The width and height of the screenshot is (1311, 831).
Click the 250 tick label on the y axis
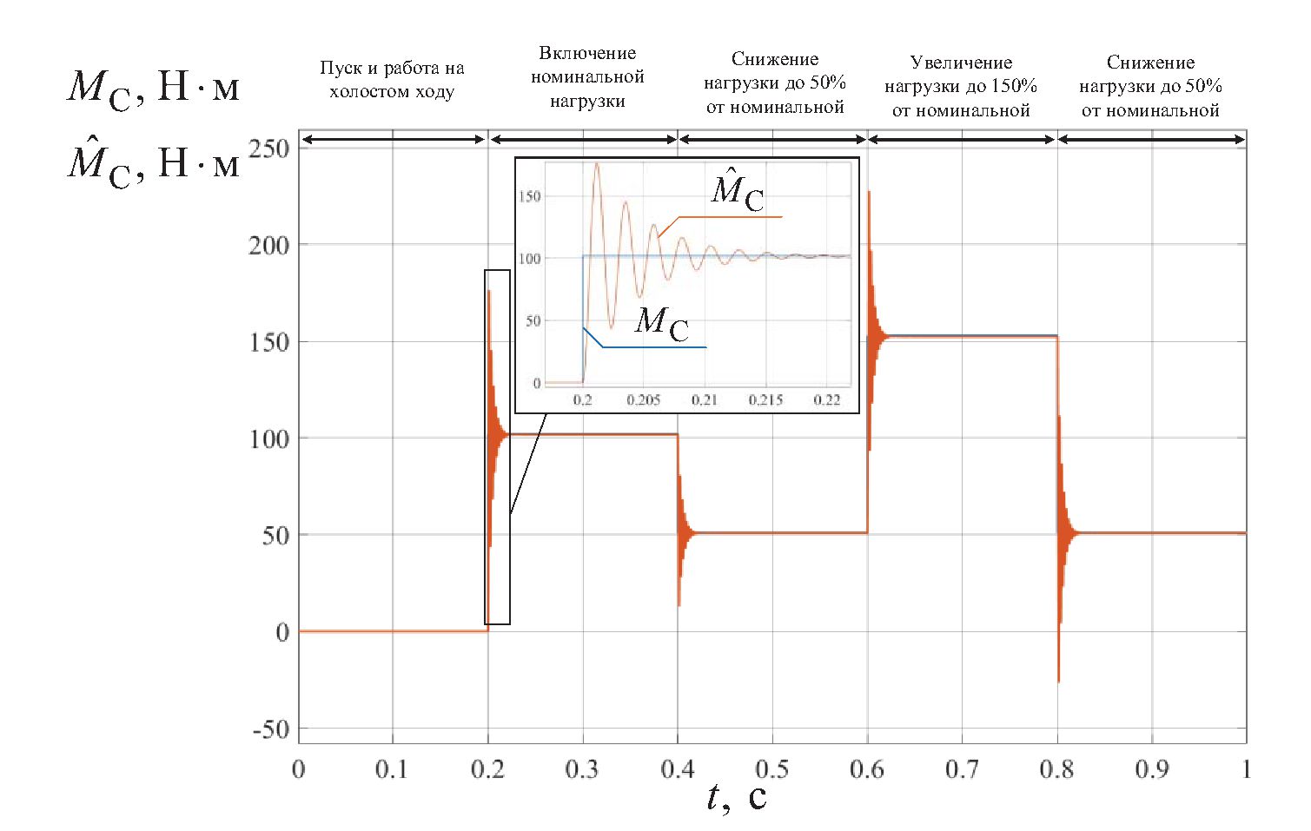click(x=268, y=148)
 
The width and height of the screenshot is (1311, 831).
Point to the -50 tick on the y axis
click(x=270, y=729)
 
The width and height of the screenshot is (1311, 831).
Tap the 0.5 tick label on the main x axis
click(x=771, y=769)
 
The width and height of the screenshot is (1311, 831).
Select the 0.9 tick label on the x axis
click(x=1151, y=769)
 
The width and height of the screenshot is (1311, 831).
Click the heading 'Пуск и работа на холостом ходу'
click(x=392, y=80)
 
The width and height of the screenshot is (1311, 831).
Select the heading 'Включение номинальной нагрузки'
click(x=587, y=77)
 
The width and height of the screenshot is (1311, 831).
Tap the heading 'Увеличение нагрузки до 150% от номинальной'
click(x=961, y=86)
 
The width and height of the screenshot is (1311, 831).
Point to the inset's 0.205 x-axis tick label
click(x=644, y=400)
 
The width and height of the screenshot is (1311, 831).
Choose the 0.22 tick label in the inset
click(x=827, y=400)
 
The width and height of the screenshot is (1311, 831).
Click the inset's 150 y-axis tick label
click(x=529, y=196)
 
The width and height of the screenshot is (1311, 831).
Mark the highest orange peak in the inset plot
click(x=596, y=164)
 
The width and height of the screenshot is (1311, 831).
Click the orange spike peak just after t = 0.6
click(x=869, y=192)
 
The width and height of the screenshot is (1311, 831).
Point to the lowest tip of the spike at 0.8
click(x=1058, y=682)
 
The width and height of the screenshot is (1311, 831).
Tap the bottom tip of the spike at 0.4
click(x=679, y=605)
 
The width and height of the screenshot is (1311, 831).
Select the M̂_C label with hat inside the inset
click(x=738, y=191)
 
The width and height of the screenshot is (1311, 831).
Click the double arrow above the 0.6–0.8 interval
click(x=962, y=139)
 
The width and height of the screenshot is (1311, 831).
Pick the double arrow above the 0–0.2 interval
click(x=393, y=139)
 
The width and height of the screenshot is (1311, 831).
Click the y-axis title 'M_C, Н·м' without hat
click(x=153, y=88)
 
